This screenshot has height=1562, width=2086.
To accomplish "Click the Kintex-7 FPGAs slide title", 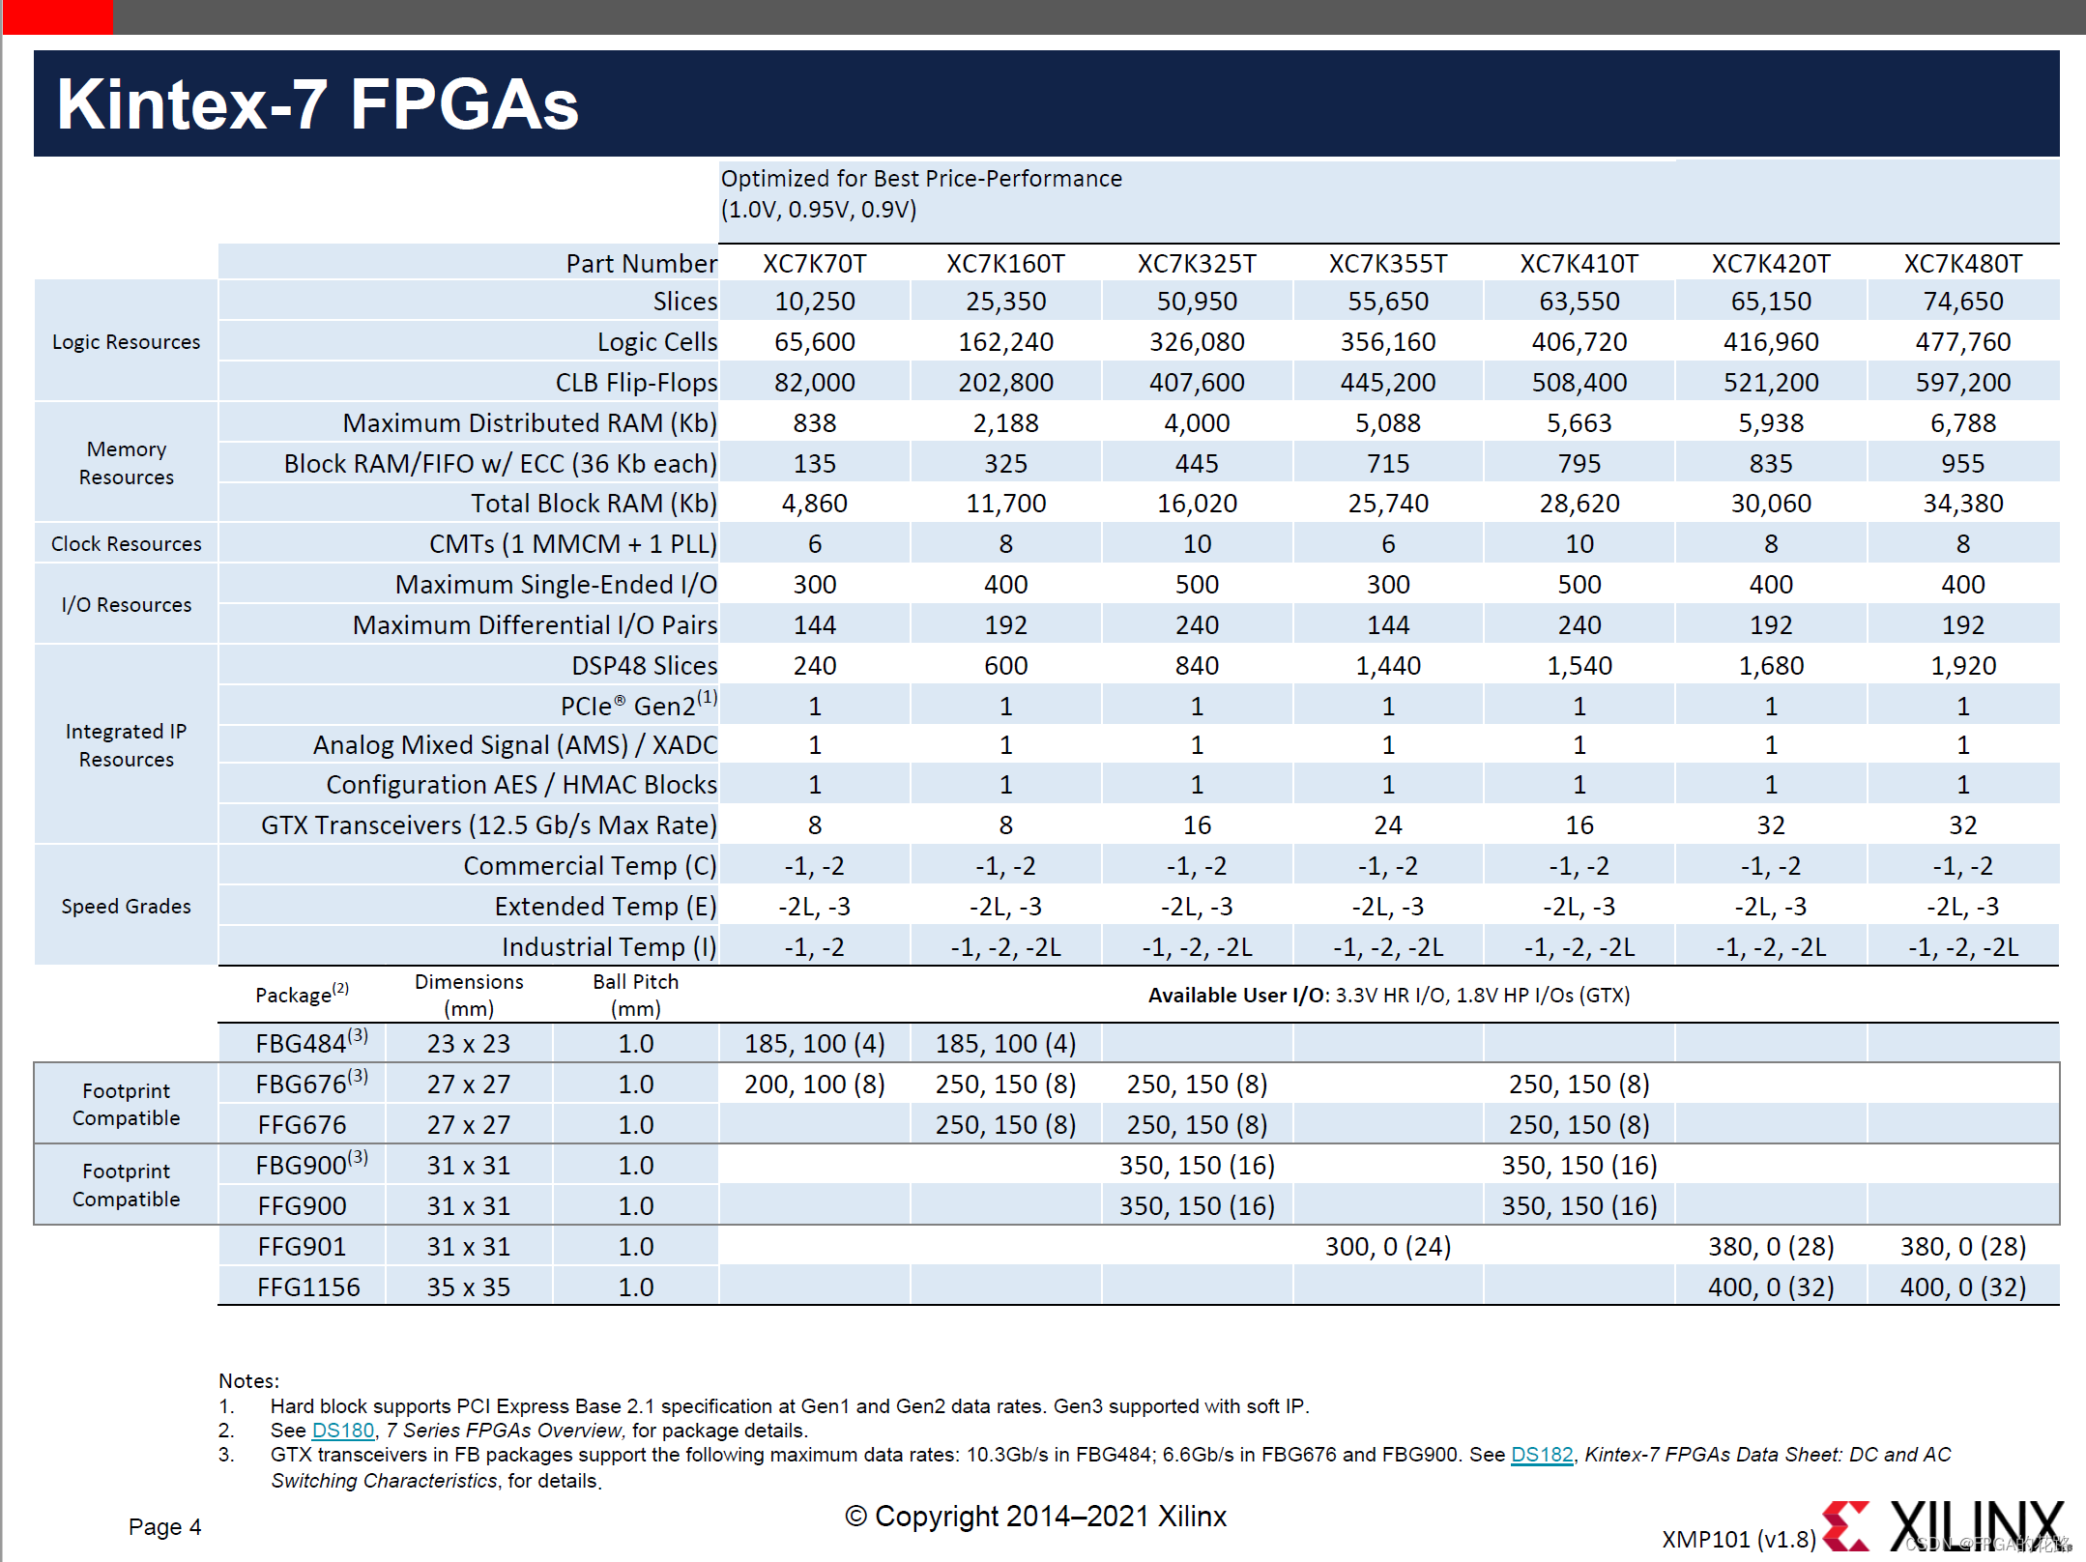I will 317,104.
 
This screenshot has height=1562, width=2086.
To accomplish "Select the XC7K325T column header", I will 1197,264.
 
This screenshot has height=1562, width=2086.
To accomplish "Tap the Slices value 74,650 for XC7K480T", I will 1962,302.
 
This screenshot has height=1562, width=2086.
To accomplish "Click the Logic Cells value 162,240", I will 1005,342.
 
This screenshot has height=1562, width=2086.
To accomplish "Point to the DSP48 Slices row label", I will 644,666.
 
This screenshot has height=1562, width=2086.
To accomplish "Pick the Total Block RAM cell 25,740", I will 1387,504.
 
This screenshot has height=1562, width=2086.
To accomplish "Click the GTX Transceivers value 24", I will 1387,825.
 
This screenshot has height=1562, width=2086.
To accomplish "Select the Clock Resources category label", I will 126,544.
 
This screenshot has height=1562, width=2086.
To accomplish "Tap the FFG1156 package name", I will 308,1287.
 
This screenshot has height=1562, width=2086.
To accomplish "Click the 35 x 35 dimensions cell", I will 468,1287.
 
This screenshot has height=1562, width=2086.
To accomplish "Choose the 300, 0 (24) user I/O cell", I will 1387,1247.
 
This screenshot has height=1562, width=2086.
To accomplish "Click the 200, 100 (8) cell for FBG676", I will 814,1085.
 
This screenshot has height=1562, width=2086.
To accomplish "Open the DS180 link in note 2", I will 342,1431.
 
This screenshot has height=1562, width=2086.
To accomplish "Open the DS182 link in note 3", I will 1542,1455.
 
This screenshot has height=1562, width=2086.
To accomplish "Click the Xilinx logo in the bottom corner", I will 1943,1525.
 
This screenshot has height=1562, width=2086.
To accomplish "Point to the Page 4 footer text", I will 164,1527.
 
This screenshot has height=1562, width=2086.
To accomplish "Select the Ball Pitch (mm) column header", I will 635,995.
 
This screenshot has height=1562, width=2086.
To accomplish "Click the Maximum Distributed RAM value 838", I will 814,423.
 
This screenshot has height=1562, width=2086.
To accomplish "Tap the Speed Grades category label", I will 126,907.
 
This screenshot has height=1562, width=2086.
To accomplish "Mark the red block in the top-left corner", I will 58,16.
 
